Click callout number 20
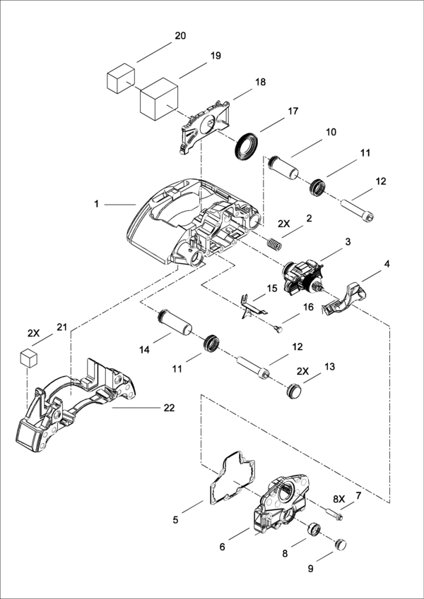pyautogui.click(x=180, y=36)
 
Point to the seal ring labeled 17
pyautogui.click(x=244, y=145)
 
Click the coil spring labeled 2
pyautogui.click(x=275, y=244)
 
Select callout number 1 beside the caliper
pyautogui.click(x=96, y=204)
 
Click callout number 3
pyautogui.click(x=348, y=242)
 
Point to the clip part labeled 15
pyautogui.click(x=252, y=305)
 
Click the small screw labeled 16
pyautogui.click(x=279, y=327)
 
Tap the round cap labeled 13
pyautogui.click(x=295, y=391)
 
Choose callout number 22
pyautogui.click(x=169, y=408)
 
